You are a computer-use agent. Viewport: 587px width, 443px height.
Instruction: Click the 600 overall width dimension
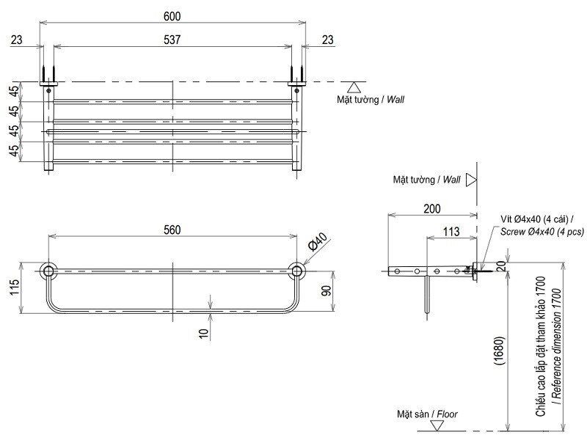[x=172, y=16]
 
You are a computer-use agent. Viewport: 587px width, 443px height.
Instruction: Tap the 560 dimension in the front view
[x=172, y=230]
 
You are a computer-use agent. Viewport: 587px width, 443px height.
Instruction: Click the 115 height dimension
[x=15, y=289]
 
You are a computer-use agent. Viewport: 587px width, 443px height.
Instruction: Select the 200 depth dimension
[x=432, y=208]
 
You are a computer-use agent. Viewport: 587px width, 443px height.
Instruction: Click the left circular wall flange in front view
[x=48, y=271]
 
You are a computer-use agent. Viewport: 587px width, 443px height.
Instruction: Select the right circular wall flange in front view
[x=296, y=271]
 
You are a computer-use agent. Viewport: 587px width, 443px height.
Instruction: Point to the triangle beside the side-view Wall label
[x=472, y=179]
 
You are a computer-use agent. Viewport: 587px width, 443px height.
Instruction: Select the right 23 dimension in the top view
[x=327, y=40]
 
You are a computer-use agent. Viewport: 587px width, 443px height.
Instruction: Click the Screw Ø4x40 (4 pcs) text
[x=542, y=232]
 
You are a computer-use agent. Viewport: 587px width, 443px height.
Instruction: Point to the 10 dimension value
[x=205, y=332]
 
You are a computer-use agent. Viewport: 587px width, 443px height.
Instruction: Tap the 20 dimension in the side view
[x=499, y=266]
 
